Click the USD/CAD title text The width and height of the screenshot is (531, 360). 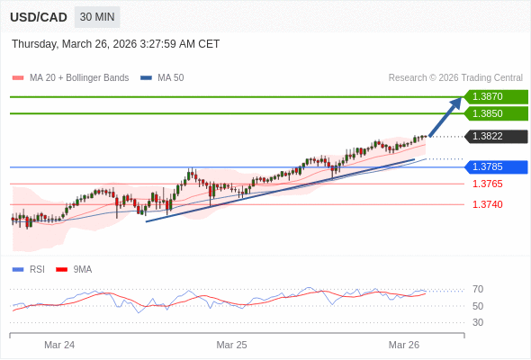[x=39, y=17]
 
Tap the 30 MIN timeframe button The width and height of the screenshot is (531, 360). [x=96, y=17]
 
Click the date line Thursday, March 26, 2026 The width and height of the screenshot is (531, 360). [x=115, y=44]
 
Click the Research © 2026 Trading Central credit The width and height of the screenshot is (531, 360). [x=455, y=78]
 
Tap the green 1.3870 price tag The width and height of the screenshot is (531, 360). [x=494, y=96]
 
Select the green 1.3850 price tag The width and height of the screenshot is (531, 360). [x=494, y=113]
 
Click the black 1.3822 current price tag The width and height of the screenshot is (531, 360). [x=494, y=137]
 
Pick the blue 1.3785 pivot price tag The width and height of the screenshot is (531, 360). [x=494, y=166]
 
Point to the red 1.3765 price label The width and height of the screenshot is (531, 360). [x=487, y=184]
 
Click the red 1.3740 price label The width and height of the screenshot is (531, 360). [x=487, y=204]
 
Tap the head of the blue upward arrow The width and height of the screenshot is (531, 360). [x=457, y=102]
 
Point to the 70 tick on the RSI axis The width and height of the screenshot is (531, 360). [x=478, y=289]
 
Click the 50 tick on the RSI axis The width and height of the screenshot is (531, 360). [x=478, y=306]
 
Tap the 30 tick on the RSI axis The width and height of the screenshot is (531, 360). [x=478, y=322]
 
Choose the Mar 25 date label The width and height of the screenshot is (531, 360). [x=231, y=345]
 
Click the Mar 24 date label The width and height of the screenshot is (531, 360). [x=59, y=345]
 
